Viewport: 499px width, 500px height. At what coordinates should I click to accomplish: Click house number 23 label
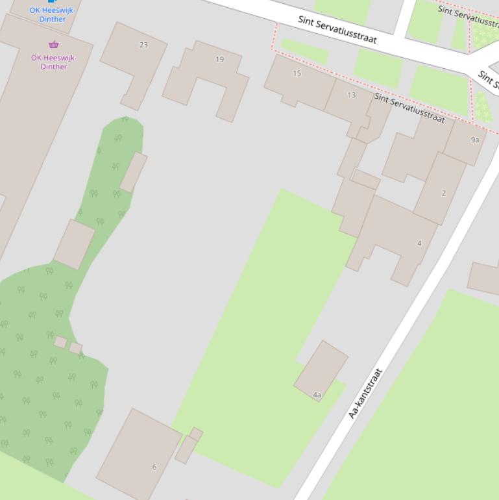[x=143, y=45]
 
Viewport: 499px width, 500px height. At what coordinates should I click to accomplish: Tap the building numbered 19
[x=219, y=59]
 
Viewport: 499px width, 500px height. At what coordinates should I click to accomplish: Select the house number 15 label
[x=297, y=73]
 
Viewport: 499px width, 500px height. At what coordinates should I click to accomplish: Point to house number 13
[x=351, y=95]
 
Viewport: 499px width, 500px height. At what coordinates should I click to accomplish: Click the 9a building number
[x=475, y=140]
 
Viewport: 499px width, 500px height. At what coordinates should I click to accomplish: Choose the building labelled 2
[x=444, y=193]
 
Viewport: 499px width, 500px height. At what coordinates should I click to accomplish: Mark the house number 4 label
[x=419, y=244]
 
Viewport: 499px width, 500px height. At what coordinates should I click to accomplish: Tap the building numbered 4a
[x=317, y=395]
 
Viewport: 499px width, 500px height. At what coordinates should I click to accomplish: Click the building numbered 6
[x=154, y=467]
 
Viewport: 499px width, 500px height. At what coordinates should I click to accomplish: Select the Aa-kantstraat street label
[x=366, y=394]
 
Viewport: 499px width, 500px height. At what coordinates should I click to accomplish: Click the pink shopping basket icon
[x=53, y=45]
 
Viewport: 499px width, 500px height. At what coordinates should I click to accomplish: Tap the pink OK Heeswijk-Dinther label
[x=53, y=62]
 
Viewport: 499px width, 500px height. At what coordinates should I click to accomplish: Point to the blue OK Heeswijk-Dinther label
[x=53, y=15]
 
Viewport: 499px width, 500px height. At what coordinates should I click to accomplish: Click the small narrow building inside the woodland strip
[x=133, y=172]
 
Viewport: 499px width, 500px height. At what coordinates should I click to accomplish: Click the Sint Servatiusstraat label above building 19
[x=337, y=29]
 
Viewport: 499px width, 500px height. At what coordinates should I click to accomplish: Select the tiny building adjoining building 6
[x=186, y=449]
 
